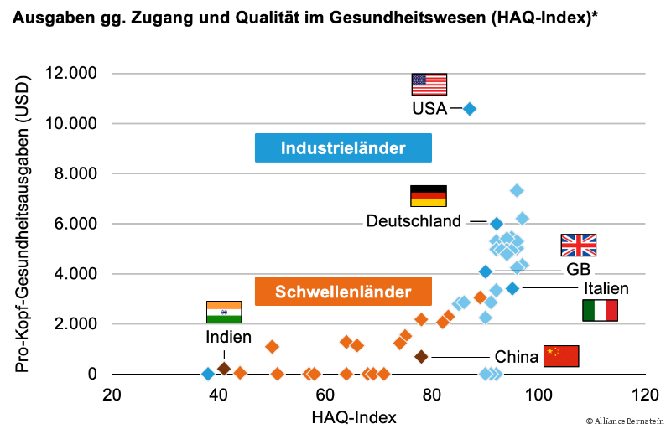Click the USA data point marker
[470, 109]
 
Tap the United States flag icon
[429, 85]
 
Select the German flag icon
[428, 196]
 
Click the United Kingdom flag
[578, 245]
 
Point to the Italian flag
[600, 310]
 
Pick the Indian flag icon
[224, 312]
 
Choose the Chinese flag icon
[561, 356]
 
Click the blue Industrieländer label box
[343, 148]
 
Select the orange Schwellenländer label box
[343, 292]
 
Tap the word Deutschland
[414, 221]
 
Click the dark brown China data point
[421, 357]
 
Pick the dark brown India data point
[224, 368]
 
